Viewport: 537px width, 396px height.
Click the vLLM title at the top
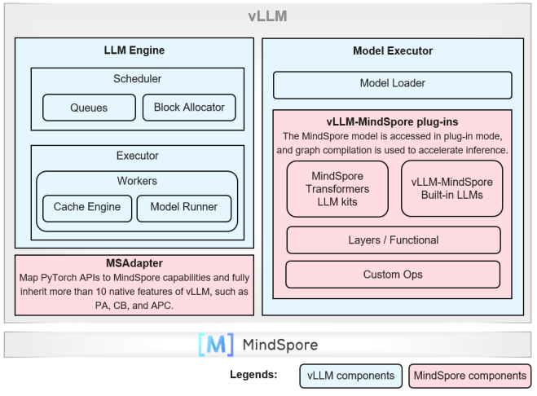267,16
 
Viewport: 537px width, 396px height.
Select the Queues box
89,107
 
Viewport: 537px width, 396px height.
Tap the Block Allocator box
189,107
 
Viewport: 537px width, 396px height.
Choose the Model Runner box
184,207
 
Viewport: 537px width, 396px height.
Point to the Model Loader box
392,84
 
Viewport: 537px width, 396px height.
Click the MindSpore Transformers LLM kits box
338,188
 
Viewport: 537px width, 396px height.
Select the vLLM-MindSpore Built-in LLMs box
451,188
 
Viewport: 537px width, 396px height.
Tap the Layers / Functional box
393,240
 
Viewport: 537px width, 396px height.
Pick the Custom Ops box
393,275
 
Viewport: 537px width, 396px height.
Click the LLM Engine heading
134,51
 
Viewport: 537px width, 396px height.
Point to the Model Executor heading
393,51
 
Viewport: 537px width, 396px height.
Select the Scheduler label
137,79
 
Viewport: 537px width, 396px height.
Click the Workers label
137,180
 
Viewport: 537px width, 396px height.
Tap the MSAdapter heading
134,263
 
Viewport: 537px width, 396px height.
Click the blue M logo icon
215,345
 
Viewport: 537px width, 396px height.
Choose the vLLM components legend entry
350,376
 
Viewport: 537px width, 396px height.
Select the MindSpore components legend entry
469,376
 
